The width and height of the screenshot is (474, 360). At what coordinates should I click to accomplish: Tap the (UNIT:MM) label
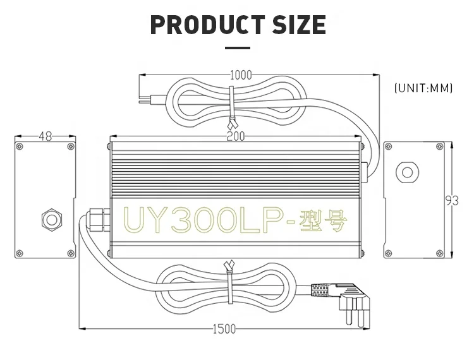coord(423,88)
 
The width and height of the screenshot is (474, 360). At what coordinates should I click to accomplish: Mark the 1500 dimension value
coord(224,329)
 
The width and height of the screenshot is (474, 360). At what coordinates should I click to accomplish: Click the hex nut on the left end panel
coord(50,219)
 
